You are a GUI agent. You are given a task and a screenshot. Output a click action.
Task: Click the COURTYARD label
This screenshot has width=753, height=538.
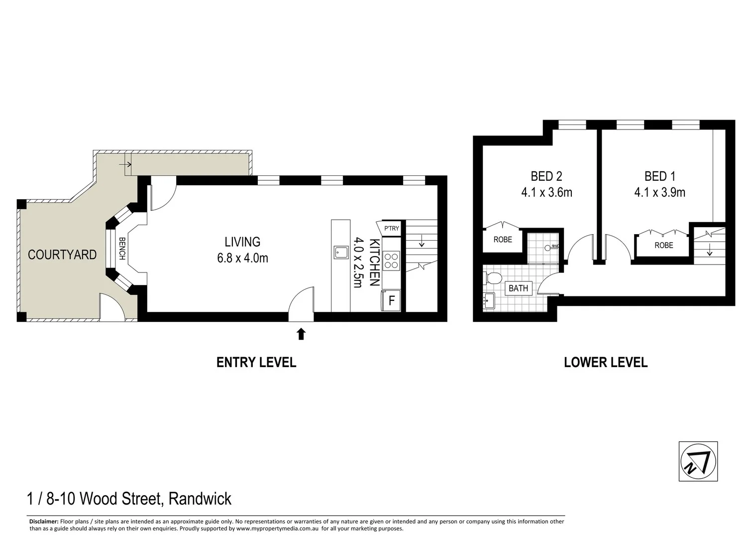(x=62, y=255)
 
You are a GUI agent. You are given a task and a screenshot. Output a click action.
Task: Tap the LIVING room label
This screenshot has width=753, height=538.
(x=242, y=242)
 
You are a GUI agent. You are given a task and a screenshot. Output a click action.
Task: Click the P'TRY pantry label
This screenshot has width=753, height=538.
(x=391, y=229)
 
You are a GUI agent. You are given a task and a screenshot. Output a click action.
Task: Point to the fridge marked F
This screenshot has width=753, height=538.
(x=391, y=301)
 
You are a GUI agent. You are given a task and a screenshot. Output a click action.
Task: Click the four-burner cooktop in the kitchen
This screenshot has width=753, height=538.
(x=391, y=261)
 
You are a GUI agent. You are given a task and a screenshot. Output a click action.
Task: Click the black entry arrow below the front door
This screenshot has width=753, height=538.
(x=301, y=334)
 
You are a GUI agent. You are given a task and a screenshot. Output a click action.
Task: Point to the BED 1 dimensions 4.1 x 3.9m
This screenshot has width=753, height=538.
(x=659, y=192)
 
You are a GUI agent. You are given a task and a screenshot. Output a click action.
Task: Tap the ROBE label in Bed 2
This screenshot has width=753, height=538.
(x=503, y=240)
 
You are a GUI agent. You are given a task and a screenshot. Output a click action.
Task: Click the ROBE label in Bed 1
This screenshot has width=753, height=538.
(x=663, y=245)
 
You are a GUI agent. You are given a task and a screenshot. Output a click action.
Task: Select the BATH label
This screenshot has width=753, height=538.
(x=518, y=288)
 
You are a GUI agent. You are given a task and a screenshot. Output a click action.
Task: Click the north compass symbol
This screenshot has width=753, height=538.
(x=698, y=461)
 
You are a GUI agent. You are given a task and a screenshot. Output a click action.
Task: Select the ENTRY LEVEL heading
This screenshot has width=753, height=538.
(x=256, y=362)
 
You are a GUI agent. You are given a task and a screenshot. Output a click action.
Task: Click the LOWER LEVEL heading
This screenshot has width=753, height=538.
(x=606, y=362)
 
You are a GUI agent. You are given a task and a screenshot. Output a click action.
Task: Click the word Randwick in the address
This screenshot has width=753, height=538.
(x=200, y=498)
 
